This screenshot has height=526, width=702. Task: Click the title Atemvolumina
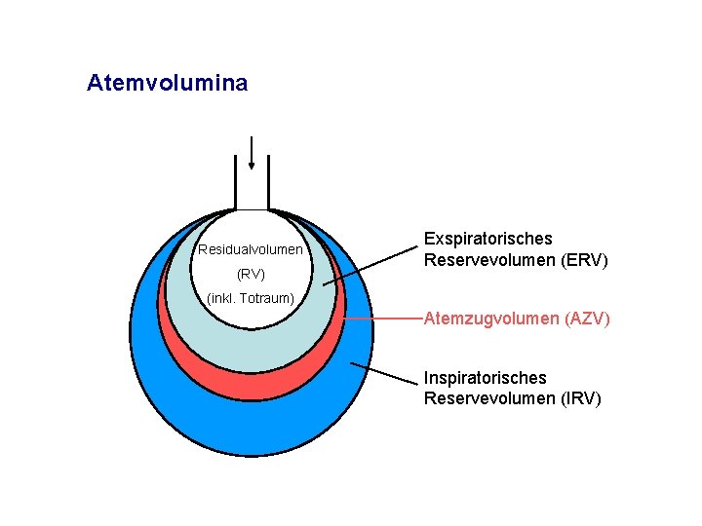point(167,84)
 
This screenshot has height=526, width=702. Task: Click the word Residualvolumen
point(250,250)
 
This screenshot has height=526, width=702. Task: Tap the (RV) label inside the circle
point(251,274)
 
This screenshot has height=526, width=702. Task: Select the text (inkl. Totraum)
point(251,297)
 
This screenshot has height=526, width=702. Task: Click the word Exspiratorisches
point(487,239)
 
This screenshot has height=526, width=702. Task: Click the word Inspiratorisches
point(485,378)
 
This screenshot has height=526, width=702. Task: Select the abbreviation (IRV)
point(580,398)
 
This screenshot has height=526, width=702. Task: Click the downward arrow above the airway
point(252,154)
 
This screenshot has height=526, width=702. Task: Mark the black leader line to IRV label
point(384,374)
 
